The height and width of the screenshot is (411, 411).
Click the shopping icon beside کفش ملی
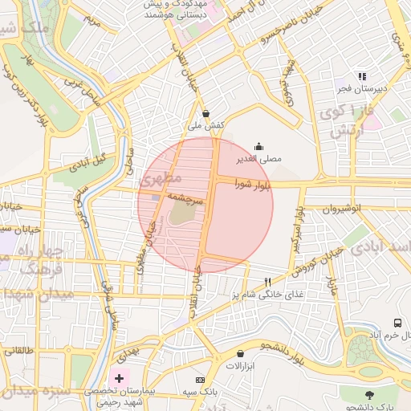(x=207, y=113)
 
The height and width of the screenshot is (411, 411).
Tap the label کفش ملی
(x=205, y=126)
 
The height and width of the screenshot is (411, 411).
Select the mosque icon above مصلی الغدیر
(x=258, y=146)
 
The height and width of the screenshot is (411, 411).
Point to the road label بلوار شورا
(x=253, y=185)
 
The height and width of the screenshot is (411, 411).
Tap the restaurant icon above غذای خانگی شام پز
(x=268, y=282)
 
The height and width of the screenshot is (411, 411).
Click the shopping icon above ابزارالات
(x=241, y=353)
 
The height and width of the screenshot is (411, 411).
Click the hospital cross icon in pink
(x=120, y=378)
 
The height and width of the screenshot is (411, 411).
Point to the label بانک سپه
(x=200, y=392)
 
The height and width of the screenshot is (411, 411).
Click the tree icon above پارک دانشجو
(x=369, y=395)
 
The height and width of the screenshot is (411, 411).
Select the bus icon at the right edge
(x=397, y=323)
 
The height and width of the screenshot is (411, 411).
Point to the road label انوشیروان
(x=344, y=209)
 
